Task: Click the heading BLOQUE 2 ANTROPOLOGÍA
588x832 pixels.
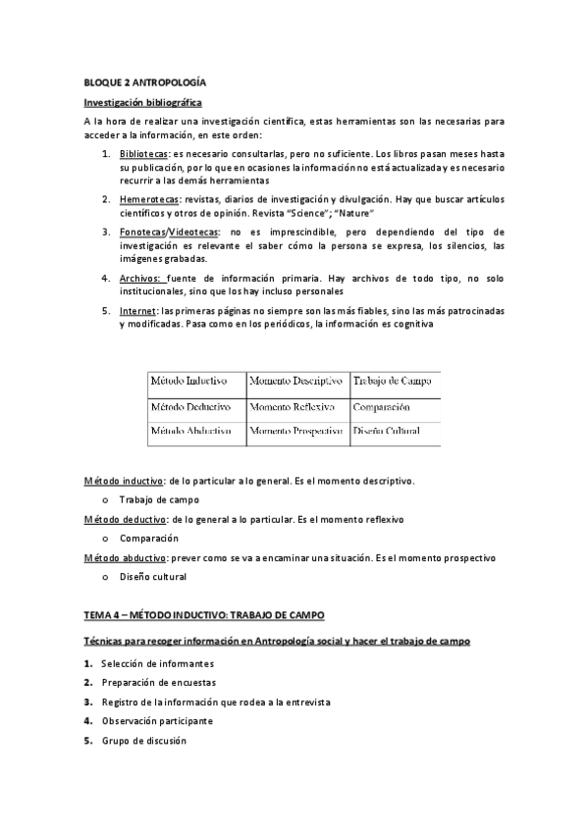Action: click(x=144, y=84)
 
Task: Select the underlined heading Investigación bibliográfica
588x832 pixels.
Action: click(x=142, y=102)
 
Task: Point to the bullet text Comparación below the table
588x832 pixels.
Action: click(x=149, y=538)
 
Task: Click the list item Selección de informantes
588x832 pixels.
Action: click(x=157, y=664)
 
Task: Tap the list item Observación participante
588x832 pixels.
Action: click(x=156, y=721)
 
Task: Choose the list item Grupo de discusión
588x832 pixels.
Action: click(x=143, y=740)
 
